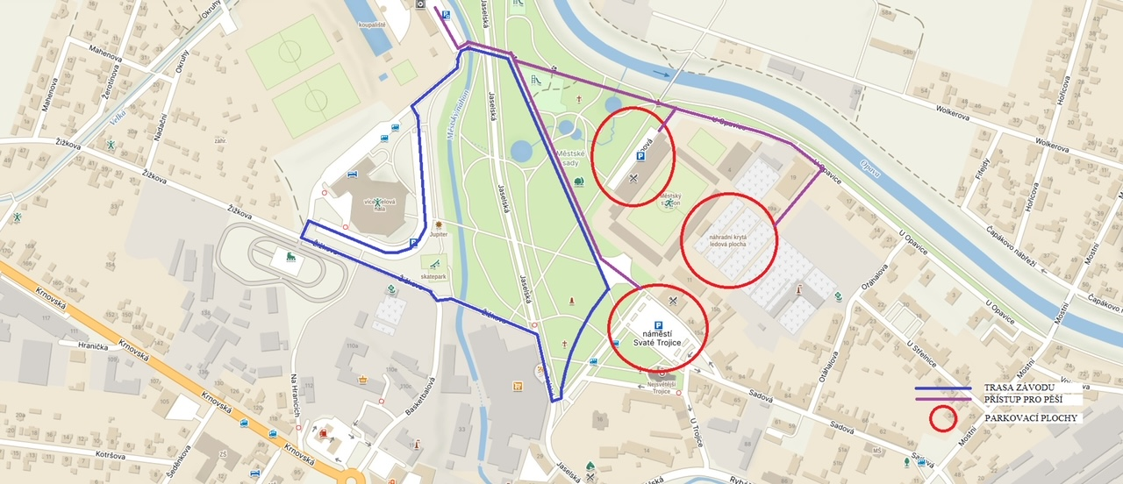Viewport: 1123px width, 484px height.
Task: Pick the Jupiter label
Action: click(x=438, y=235)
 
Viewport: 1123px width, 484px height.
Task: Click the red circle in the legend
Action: click(x=943, y=418)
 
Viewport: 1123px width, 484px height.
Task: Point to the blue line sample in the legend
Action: click(x=942, y=388)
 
